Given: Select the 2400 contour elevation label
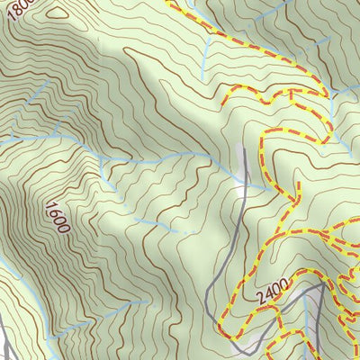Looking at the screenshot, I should pos(270,291).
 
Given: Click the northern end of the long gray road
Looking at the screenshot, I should pos(244,148).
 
